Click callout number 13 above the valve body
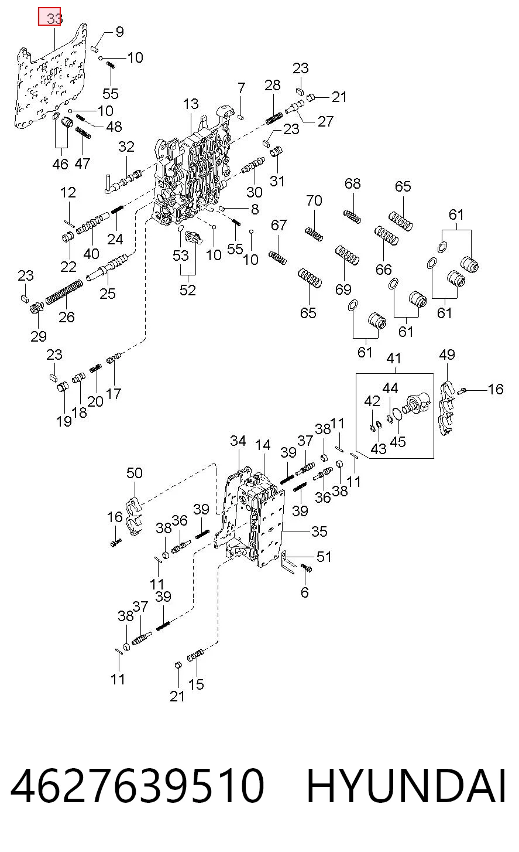191,104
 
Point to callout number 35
319,531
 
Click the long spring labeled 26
64,292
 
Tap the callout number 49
447,355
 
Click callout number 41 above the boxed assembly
394,358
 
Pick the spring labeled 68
352,216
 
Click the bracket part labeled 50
133,516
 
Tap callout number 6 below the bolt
305,592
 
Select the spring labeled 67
277,258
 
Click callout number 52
188,290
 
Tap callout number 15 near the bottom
196,684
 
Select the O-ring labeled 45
397,415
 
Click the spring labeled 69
347,255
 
